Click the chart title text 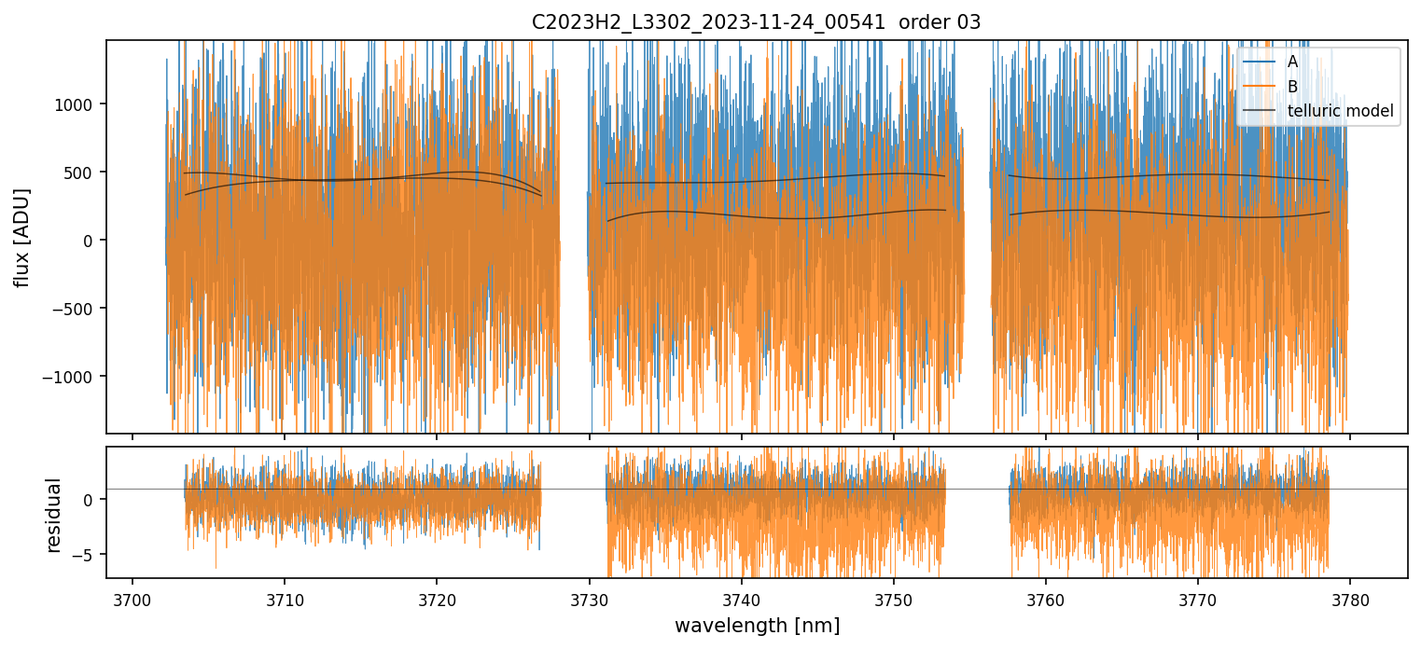click(x=756, y=22)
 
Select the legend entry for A click(x=1292, y=62)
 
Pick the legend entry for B click(x=1292, y=87)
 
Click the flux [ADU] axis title click(x=21, y=237)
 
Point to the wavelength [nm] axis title click(x=757, y=625)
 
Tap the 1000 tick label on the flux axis click(x=78, y=104)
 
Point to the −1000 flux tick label click(x=73, y=377)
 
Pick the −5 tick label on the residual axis click(x=86, y=555)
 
